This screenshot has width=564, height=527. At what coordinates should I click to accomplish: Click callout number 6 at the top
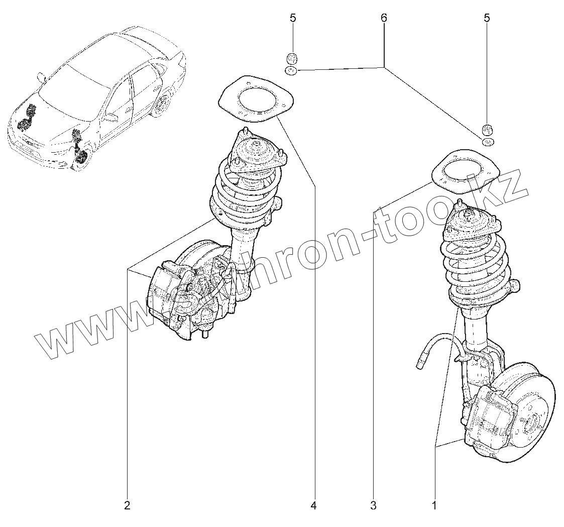click(384, 18)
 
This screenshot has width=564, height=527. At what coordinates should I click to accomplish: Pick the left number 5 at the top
click(293, 18)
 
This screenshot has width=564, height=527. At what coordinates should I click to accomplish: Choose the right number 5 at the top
click(486, 18)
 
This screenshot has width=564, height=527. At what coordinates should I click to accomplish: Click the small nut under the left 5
click(291, 57)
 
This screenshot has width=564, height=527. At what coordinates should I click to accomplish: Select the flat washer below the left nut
click(291, 71)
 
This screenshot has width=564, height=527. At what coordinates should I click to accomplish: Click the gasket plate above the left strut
click(255, 100)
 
